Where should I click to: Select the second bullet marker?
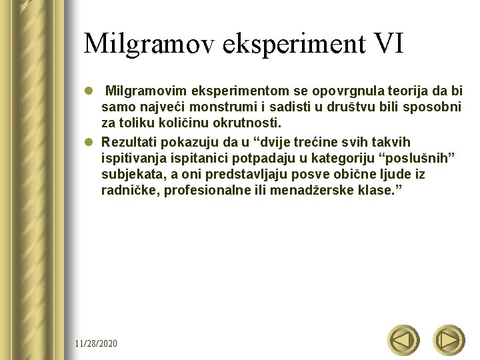[89, 143]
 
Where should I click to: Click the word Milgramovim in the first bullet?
[145, 91]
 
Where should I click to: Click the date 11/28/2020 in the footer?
[96, 343]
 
